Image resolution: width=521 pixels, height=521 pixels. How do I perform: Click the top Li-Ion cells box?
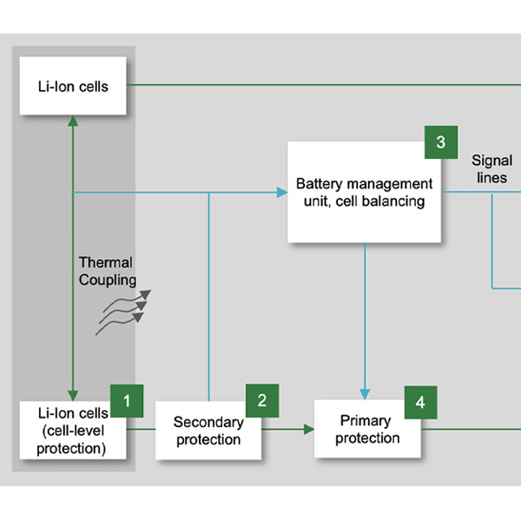coord(73,86)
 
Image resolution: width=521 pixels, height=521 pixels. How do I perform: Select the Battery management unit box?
coord(364,193)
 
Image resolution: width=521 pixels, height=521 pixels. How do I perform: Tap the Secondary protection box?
coord(208,431)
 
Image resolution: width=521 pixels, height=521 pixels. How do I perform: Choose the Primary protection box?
coord(366,429)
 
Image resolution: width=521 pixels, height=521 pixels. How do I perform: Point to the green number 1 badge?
coord(127,401)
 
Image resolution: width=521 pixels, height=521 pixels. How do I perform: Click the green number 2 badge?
coord(262,400)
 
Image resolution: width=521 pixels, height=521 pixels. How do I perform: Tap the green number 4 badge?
coord(420,402)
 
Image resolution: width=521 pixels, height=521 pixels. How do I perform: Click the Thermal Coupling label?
coord(108,271)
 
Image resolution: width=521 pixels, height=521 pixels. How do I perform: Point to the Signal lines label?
coord(491,169)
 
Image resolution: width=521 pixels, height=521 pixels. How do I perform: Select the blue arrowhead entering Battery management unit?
coord(282,192)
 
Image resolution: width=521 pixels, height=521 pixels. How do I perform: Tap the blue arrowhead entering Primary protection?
coord(366,393)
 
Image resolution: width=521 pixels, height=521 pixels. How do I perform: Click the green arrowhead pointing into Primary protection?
coord(308,429)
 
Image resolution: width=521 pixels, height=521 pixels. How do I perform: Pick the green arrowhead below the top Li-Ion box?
coord(73,122)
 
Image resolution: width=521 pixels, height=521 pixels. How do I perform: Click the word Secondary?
coord(208,423)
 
